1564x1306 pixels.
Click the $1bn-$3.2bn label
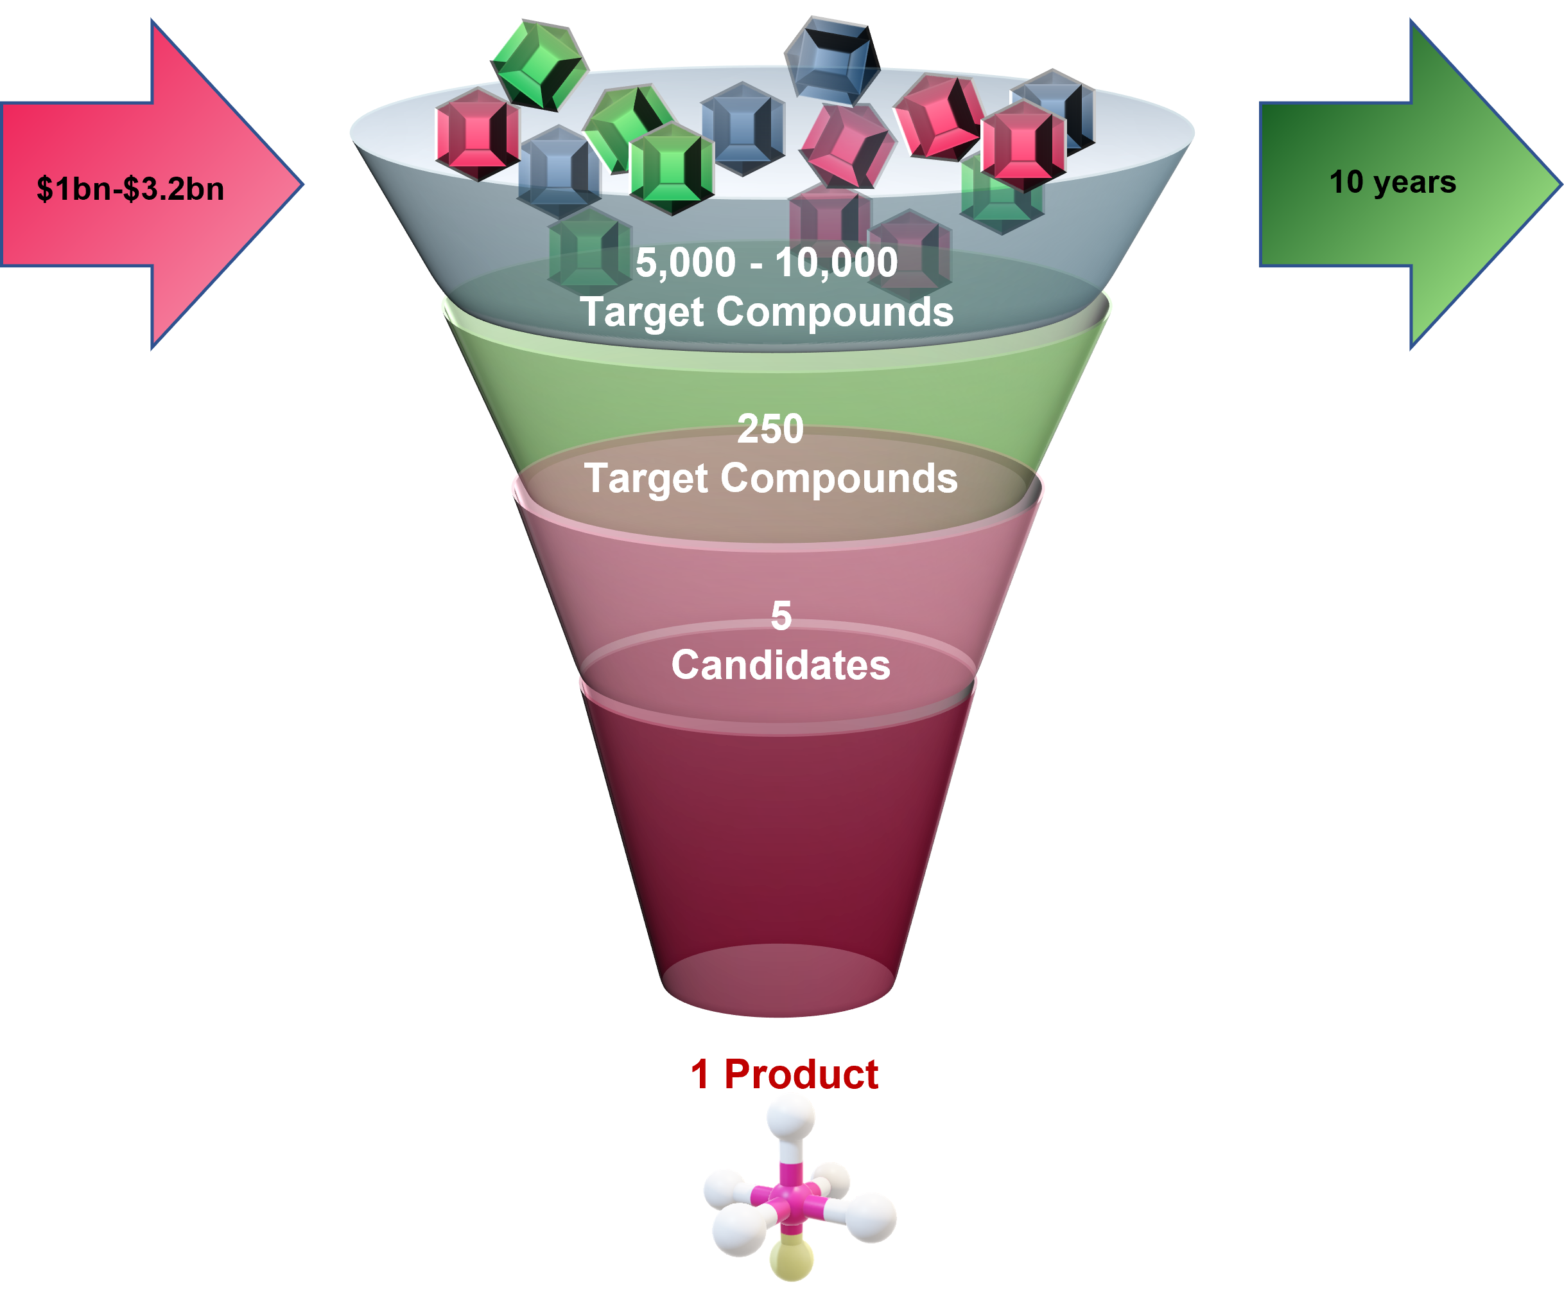[x=130, y=188]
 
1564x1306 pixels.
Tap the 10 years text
[x=1392, y=182]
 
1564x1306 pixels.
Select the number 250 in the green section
[x=770, y=429]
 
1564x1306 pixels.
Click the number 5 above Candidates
[x=781, y=616]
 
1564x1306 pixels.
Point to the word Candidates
[x=781, y=664]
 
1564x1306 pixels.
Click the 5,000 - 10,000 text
[x=767, y=262]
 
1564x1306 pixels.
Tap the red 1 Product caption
[x=784, y=1074]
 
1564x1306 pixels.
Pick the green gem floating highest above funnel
[x=539, y=66]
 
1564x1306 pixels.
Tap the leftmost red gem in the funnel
[x=476, y=134]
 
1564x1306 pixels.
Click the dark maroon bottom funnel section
[x=778, y=857]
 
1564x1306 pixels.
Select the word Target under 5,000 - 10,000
[x=641, y=312]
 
